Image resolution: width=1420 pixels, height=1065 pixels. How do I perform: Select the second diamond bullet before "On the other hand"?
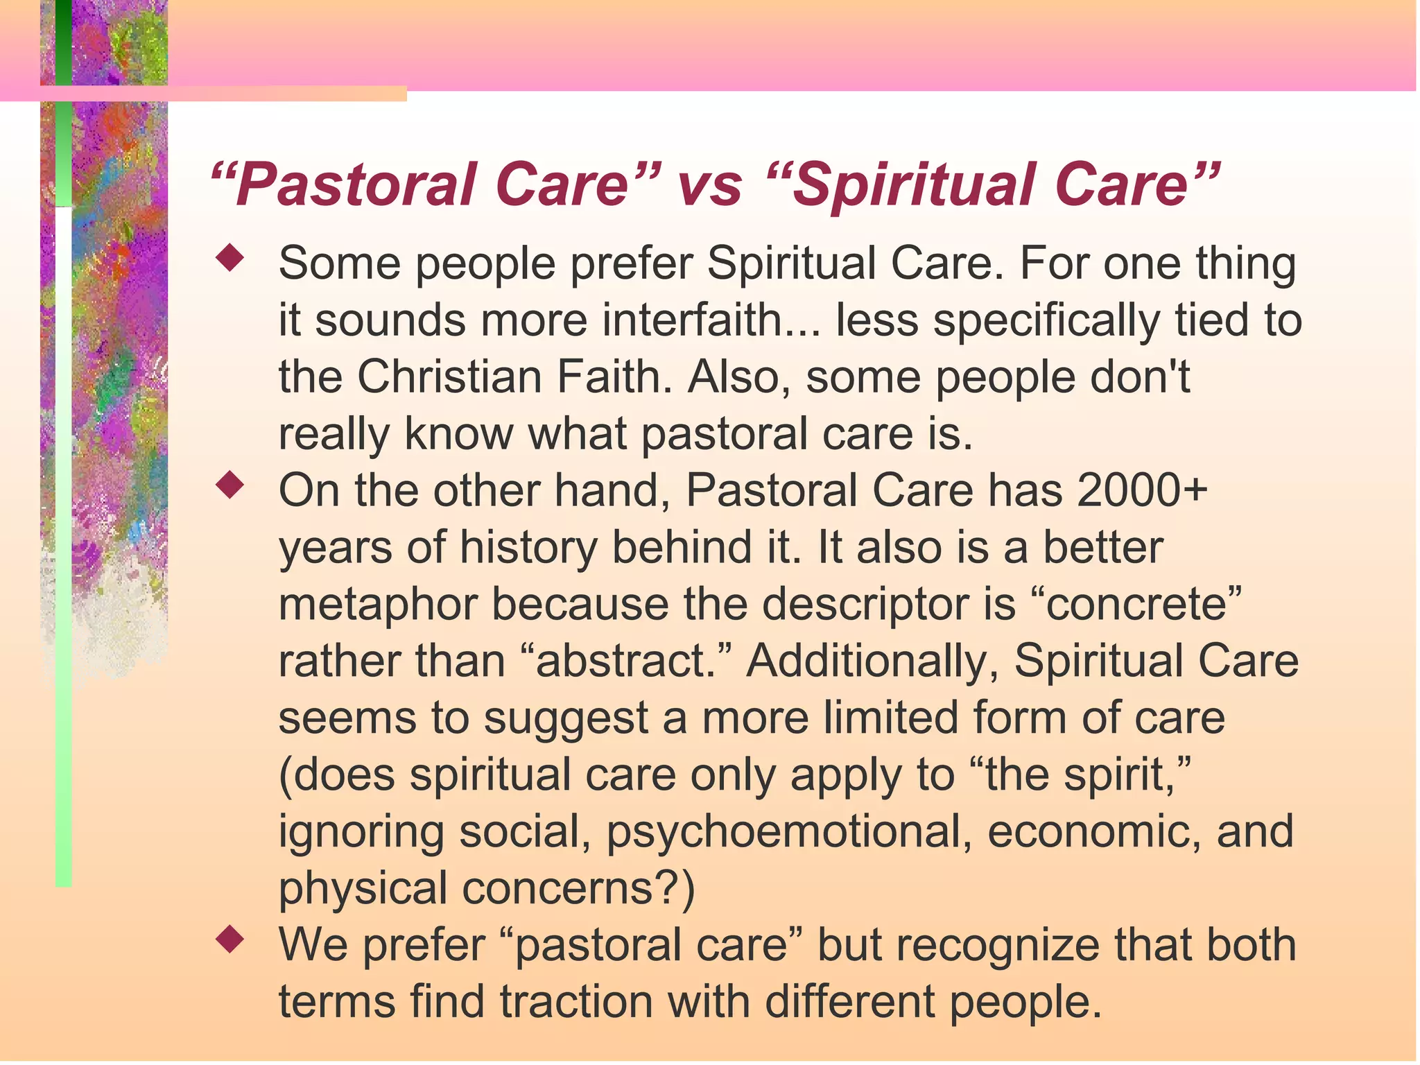(x=230, y=485)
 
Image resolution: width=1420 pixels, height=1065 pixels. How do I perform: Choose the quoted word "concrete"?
(x=1143, y=605)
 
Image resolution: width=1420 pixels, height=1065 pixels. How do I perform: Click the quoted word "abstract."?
(x=626, y=661)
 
